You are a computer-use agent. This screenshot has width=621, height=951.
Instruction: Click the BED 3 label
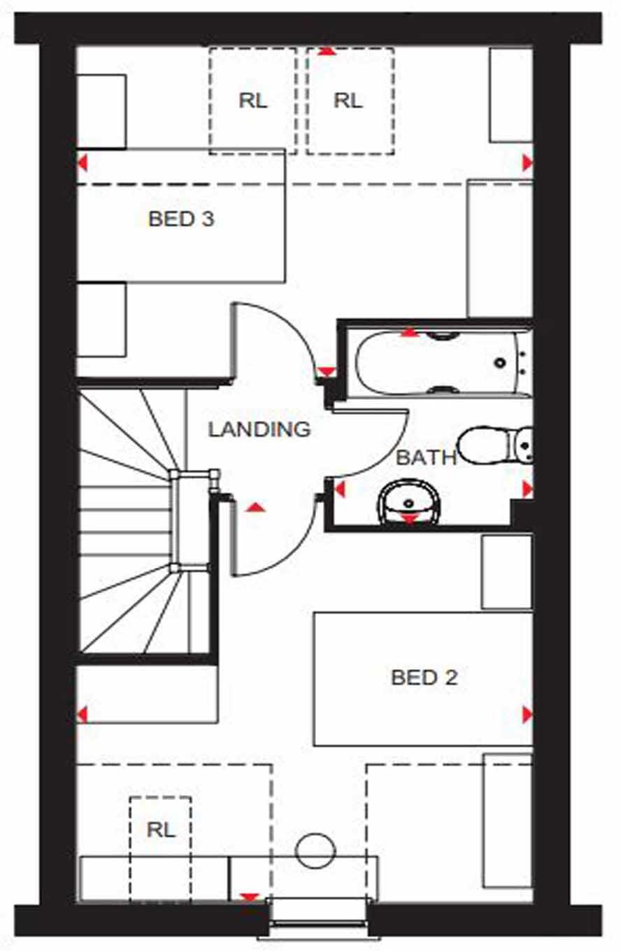(181, 219)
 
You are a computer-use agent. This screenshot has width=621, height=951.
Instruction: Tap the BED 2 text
(424, 677)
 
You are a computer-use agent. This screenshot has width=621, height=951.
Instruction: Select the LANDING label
(259, 429)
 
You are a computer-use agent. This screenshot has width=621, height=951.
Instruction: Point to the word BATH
(426, 458)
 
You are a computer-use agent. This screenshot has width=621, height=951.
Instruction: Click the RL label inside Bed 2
(161, 830)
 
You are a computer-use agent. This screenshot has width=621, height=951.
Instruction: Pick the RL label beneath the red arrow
(348, 101)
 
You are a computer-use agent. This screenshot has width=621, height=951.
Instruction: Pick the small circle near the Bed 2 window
(315, 850)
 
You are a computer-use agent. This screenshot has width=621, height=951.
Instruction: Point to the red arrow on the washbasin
(408, 518)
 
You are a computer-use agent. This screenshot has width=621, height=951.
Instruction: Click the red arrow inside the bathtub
(409, 334)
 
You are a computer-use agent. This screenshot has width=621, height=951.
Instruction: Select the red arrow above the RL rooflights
(326, 51)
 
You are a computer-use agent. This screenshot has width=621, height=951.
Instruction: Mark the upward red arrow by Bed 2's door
(256, 507)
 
